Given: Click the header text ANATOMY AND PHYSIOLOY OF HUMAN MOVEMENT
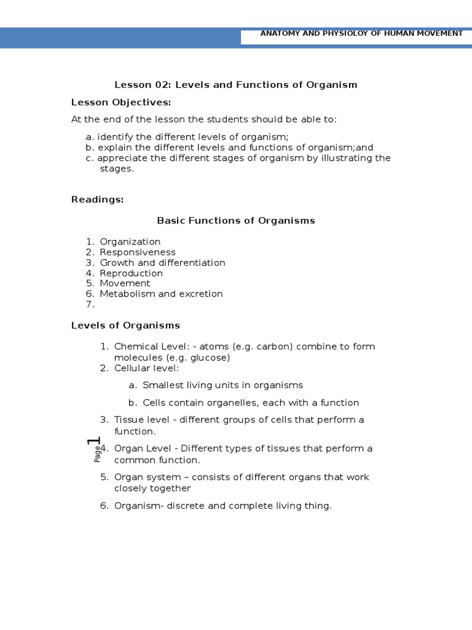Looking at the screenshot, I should click(361, 34).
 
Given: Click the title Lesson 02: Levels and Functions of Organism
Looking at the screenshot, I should click(236, 85).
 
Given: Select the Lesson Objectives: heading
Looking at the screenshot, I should click(121, 102).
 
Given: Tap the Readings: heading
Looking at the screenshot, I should click(98, 199).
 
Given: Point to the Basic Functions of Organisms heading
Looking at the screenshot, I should click(236, 220).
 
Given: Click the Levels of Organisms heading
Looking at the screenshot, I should click(125, 325).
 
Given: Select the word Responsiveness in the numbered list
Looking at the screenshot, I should click(138, 252).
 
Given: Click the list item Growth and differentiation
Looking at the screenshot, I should click(162, 263).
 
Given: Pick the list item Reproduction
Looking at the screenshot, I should click(132, 273).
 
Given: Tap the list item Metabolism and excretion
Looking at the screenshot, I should click(161, 294).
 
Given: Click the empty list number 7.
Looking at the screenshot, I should click(90, 305).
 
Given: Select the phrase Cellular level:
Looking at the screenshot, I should click(146, 368).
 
